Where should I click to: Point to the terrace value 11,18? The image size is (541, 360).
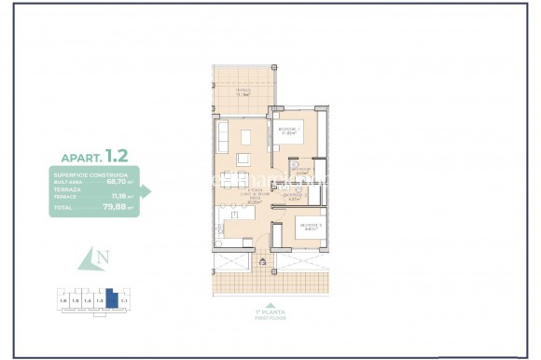[120, 196]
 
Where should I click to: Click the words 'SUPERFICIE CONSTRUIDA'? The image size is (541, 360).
[78, 173]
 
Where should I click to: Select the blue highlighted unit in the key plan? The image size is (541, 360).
[111, 299]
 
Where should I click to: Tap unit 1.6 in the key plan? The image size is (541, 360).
[62, 300]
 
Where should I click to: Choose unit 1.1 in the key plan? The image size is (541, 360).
[123, 300]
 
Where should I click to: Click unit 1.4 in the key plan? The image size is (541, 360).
[87, 300]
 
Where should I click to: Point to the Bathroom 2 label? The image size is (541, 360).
[294, 195]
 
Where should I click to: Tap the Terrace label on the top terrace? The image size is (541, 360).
[243, 91]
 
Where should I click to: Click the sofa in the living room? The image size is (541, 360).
[222, 138]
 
